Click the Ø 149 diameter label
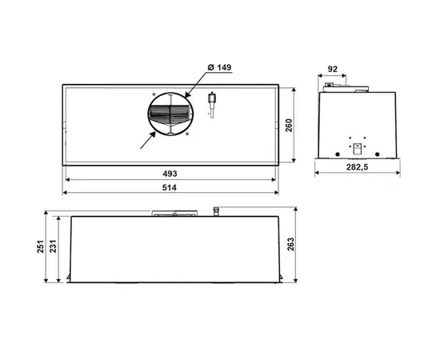tap(219, 68)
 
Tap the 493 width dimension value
tap(170, 174)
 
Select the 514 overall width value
tap(170, 187)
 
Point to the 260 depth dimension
tap(289, 126)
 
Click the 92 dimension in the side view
tap(333, 69)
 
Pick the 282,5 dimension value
tap(357, 167)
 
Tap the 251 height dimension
tap(41, 246)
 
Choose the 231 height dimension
tap(53, 246)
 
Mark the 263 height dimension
tap(290, 244)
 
